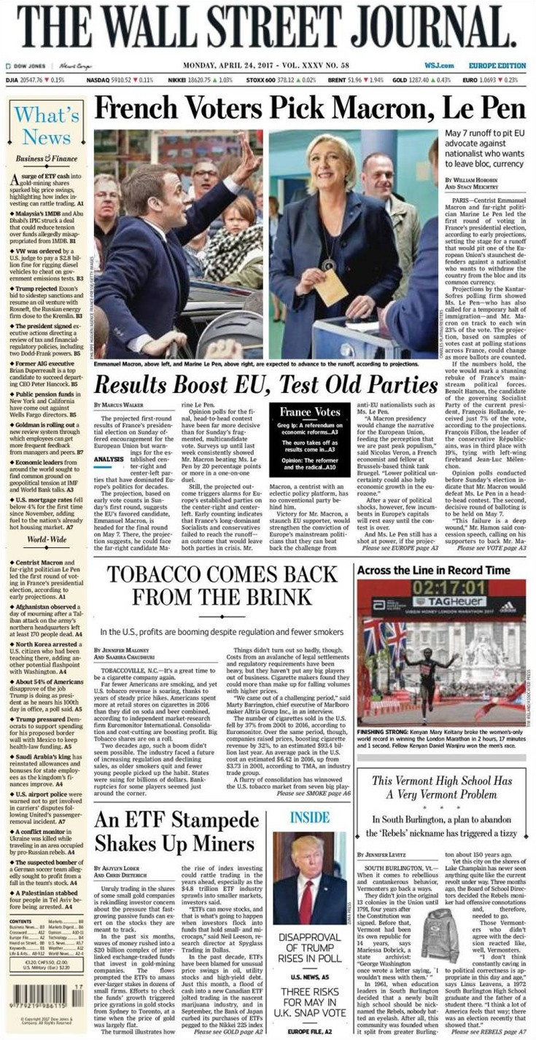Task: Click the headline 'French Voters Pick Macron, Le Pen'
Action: point(310,109)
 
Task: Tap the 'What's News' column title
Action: point(47,125)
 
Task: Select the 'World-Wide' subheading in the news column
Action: point(47,539)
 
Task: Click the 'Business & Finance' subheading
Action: point(46,158)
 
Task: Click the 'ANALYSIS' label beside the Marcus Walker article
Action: point(109,459)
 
